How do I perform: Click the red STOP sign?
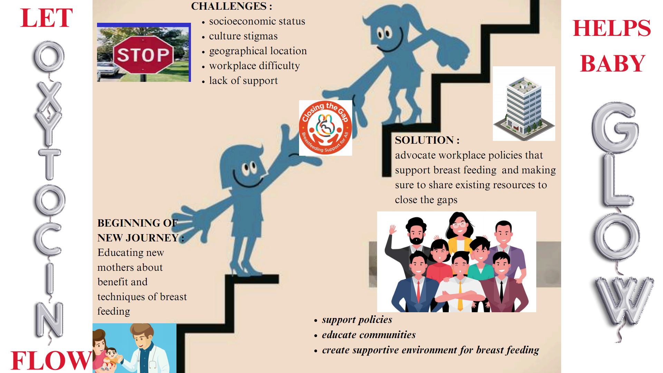coord(144,55)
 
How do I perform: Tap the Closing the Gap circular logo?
coord(325,128)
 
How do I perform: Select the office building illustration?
coord(524,104)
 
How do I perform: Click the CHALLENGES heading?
coord(231,6)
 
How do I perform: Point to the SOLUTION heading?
coord(427,140)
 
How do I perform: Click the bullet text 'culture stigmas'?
coord(243,36)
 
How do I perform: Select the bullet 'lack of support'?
coord(243,80)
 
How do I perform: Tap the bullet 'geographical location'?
coord(258,51)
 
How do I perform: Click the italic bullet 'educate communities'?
coord(369,335)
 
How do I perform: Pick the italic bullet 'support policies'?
coord(357,320)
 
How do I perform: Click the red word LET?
coord(46,18)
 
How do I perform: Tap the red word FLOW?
coord(51,361)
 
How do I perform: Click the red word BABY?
coord(612,63)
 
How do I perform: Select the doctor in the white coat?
coord(148,349)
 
